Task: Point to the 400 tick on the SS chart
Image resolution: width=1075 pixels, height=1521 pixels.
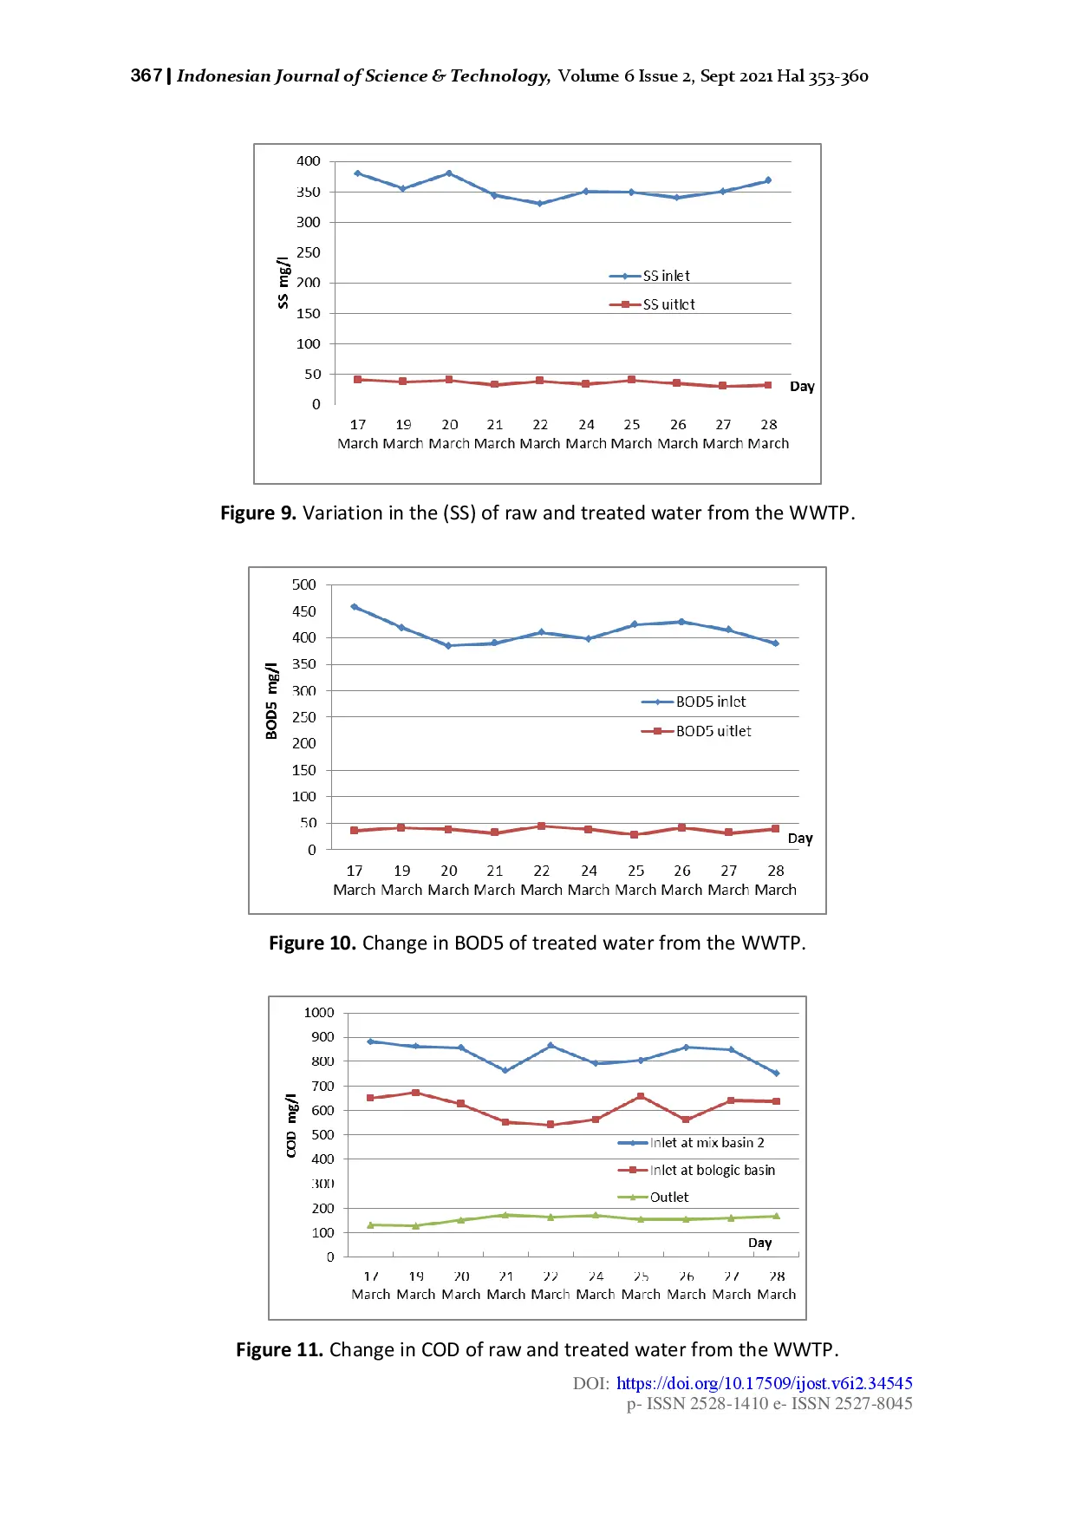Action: (x=308, y=161)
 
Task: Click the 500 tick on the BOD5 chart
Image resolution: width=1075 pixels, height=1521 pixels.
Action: (x=304, y=584)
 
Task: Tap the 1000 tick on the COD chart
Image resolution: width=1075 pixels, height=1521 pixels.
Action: (x=318, y=1013)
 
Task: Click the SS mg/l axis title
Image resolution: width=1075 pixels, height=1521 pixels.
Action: (x=283, y=283)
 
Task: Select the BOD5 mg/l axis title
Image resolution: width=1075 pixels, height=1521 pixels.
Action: (x=272, y=701)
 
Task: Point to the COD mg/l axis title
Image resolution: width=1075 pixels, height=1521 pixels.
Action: (x=291, y=1125)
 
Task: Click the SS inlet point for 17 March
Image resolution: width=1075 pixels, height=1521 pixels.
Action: (x=358, y=173)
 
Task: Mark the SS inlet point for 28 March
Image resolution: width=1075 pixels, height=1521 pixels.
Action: (x=768, y=180)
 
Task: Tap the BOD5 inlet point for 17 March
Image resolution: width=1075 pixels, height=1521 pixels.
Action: (x=355, y=607)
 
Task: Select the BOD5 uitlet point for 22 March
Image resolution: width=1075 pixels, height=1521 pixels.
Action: (x=542, y=826)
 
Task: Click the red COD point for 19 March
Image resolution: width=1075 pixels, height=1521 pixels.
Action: (x=416, y=1093)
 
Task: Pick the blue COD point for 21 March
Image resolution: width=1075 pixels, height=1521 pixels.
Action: (x=505, y=1070)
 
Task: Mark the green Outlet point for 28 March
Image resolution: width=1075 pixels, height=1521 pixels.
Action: (x=776, y=1216)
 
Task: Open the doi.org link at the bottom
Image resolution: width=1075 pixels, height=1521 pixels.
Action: (x=764, y=1383)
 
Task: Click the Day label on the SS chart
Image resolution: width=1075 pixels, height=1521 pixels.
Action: (x=802, y=387)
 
